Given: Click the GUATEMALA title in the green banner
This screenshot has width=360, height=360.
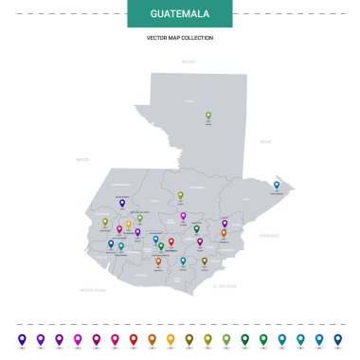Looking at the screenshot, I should tap(179, 13).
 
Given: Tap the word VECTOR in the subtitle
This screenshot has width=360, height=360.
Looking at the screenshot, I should tap(157, 38).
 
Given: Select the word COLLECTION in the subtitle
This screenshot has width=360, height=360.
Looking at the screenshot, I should tap(197, 38).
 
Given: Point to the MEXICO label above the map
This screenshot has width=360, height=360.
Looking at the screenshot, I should tap(188, 62).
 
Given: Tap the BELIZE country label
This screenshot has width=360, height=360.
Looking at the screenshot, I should tap(265, 141).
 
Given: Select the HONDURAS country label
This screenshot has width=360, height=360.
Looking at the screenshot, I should tap(269, 234).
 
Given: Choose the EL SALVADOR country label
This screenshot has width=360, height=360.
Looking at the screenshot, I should tap(227, 284).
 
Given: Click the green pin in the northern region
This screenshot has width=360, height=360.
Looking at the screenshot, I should tap(208, 117).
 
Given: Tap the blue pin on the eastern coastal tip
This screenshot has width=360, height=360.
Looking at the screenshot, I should tap(277, 186).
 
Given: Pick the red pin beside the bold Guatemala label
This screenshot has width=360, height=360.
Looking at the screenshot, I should tap(171, 242).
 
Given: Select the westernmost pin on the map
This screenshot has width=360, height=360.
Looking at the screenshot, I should tap(105, 222).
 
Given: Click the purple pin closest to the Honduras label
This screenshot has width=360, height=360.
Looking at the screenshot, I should tap(225, 224).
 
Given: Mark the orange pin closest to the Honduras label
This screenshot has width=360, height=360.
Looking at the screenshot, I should tap(224, 232).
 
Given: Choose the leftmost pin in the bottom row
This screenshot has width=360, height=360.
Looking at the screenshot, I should tap(22, 338).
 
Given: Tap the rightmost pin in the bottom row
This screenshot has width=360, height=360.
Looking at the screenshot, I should tap(337, 338).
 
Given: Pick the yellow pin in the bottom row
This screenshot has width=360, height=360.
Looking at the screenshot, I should tap(171, 338).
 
